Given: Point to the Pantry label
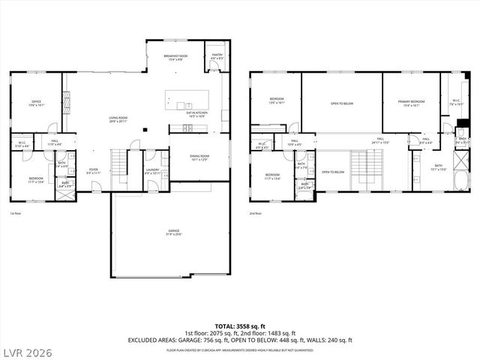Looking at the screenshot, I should click(217, 56).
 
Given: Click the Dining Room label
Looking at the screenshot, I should click(199, 157).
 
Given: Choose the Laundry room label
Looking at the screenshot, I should click(153, 172).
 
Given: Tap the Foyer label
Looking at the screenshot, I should click(94, 172).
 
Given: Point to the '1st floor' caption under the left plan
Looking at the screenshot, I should click(16, 214).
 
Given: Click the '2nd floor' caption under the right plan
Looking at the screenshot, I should click(256, 214).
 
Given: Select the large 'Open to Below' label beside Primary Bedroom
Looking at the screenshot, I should click(341, 103).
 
